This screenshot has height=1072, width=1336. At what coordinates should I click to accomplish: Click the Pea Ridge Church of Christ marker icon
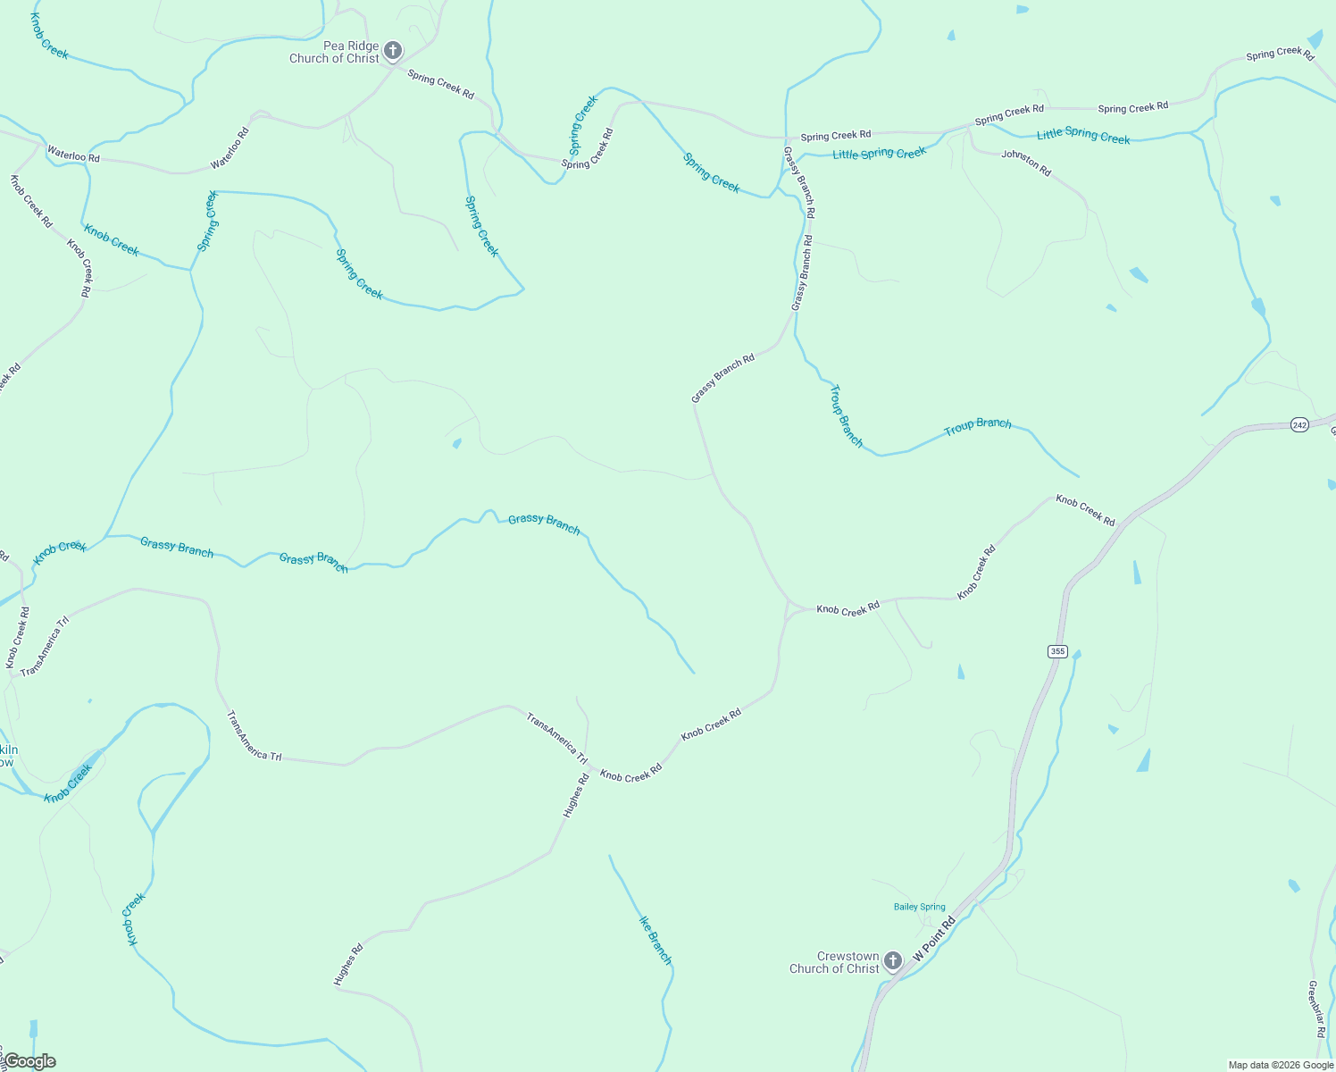coord(393,51)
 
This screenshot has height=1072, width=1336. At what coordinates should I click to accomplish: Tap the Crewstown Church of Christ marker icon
coord(892,961)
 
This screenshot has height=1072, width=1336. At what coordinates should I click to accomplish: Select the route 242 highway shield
coord(1299,425)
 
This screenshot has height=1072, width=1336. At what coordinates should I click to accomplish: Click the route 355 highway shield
coord(1057,651)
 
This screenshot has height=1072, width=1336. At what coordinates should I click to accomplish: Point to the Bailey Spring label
coord(919,907)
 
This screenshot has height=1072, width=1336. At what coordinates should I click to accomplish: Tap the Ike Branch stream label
coord(655,940)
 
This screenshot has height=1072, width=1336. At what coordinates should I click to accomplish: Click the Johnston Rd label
coord(1026,163)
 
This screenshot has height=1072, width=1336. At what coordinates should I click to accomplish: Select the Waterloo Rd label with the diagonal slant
coord(230,148)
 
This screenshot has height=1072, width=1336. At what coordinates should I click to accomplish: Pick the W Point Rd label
coord(934,939)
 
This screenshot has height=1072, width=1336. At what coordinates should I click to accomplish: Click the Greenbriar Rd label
coord(1315,1009)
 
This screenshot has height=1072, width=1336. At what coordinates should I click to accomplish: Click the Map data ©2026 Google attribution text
coord(1280,1065)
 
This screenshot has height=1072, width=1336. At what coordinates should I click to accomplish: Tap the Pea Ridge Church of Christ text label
coord(334,52)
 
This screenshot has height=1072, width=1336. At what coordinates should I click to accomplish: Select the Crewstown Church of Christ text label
coord(834,962)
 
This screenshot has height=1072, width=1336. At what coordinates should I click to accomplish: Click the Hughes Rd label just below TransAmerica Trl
coord(576,796)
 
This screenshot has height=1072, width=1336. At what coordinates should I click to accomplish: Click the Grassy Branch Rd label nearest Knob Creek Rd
coord(722,378)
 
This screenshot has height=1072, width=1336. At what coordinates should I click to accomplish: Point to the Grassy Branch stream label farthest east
coord(544,524)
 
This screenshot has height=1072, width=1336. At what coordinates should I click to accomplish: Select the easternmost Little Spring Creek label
coord(1083,135)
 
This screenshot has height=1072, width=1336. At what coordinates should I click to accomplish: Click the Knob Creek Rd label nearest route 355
coord(1085,509)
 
